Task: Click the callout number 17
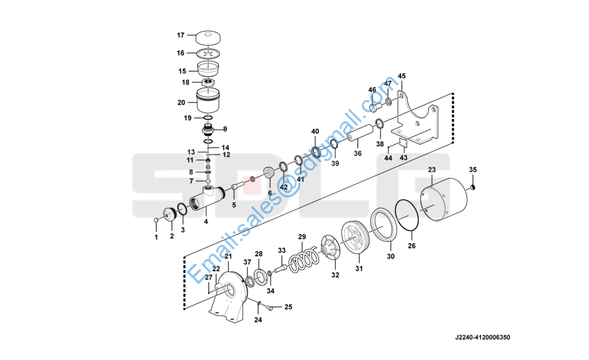(x=181, y=35)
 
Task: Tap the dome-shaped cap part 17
(x=208, y=38)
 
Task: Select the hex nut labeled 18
(x=208, y=82)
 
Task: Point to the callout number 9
(x=225, y=129)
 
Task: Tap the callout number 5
(x=234, y=205)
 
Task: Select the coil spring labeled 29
(x=303, y=260)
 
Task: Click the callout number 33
(x=282, y=250)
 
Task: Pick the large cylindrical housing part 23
(x=443, y=200)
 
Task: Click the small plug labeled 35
(x=473, y=187)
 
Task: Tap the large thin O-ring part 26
(x=407, y=215)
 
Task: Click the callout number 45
(x=402, y=76)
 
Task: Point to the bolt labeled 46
(x=375, y=107)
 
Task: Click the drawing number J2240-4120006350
(x=483, y=337)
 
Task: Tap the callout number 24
(x=258, y=320)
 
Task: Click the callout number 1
(x=157, y=238)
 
